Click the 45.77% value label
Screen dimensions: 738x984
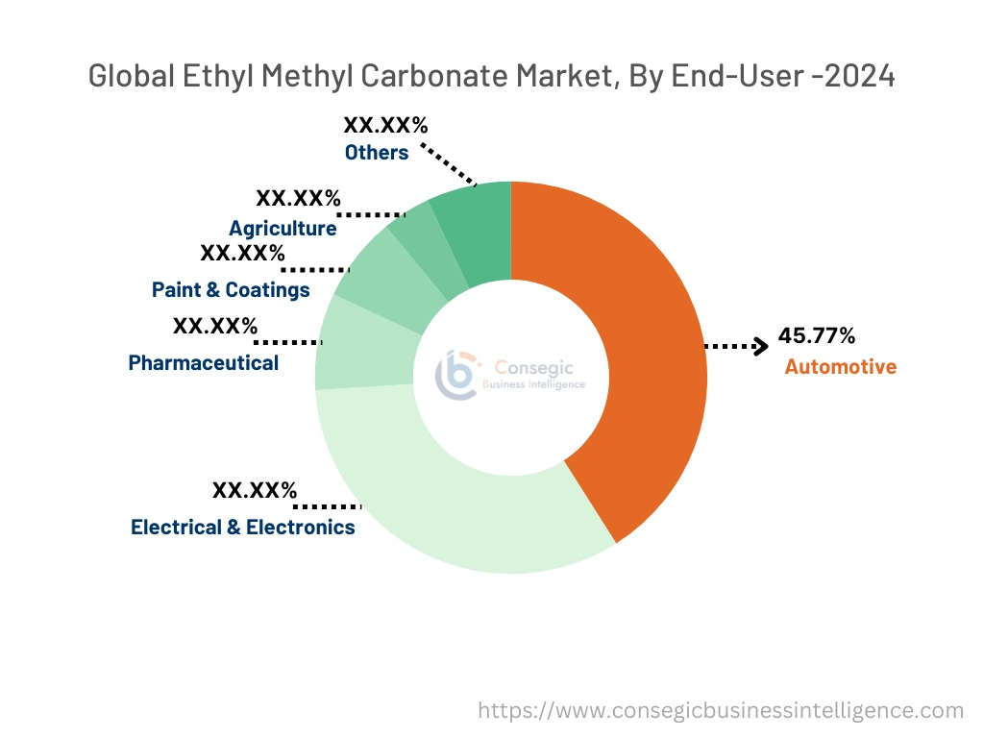pos(816,335)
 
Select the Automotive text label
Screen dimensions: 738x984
pos(840,367)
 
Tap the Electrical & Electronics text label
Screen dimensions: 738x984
pos(243,527)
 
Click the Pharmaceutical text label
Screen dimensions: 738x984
pos(204,362)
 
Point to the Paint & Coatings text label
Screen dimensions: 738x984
pos(231,289)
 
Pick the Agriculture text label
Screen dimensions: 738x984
pos(283,228)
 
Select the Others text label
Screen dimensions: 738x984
pos(377,152)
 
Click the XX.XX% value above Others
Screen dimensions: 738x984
pos(385,125)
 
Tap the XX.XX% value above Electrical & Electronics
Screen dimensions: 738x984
pos(255,490)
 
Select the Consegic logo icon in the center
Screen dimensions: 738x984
pos(456,375)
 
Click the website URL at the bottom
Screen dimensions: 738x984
pos(721,710)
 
